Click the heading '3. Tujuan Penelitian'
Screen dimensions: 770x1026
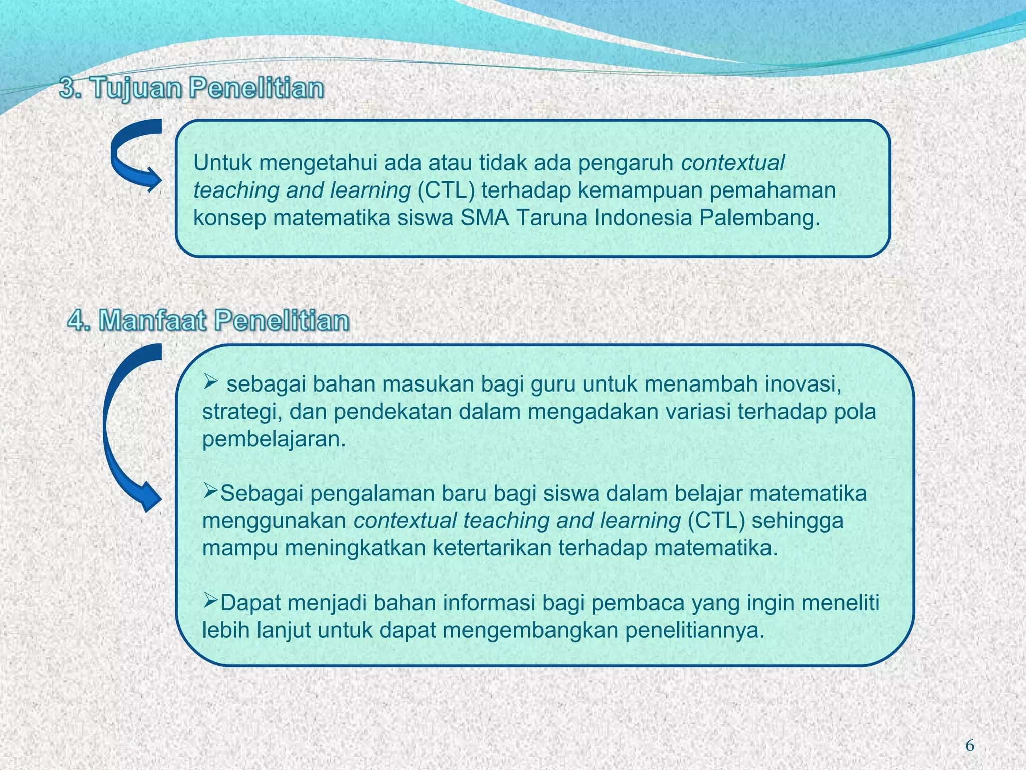(192, 89)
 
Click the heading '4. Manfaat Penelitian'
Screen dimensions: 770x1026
(208, 320)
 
